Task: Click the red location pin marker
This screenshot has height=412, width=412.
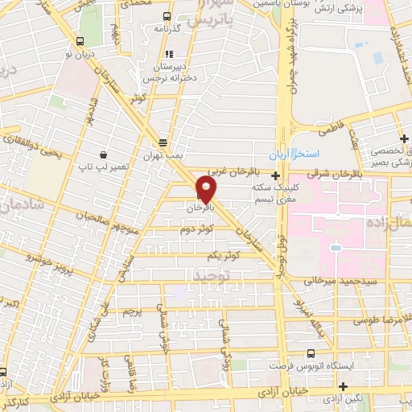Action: pyautogui.click(x=207, y=190)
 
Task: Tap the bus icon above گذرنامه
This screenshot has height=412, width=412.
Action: pyautogui.click(x=166, y=16)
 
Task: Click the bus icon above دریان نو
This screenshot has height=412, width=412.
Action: pyautogui.click(x=79, y=41)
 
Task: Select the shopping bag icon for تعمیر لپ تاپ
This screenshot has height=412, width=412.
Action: pyautogui.click(x=104, y=153)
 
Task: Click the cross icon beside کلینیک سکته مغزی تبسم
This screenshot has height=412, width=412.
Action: pyautogui.click(x=276, y=175)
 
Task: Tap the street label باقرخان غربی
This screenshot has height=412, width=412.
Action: pyautogui.click(x=226, y=171)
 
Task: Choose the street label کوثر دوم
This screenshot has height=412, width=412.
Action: pyautogui.click(x=197, y=230)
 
